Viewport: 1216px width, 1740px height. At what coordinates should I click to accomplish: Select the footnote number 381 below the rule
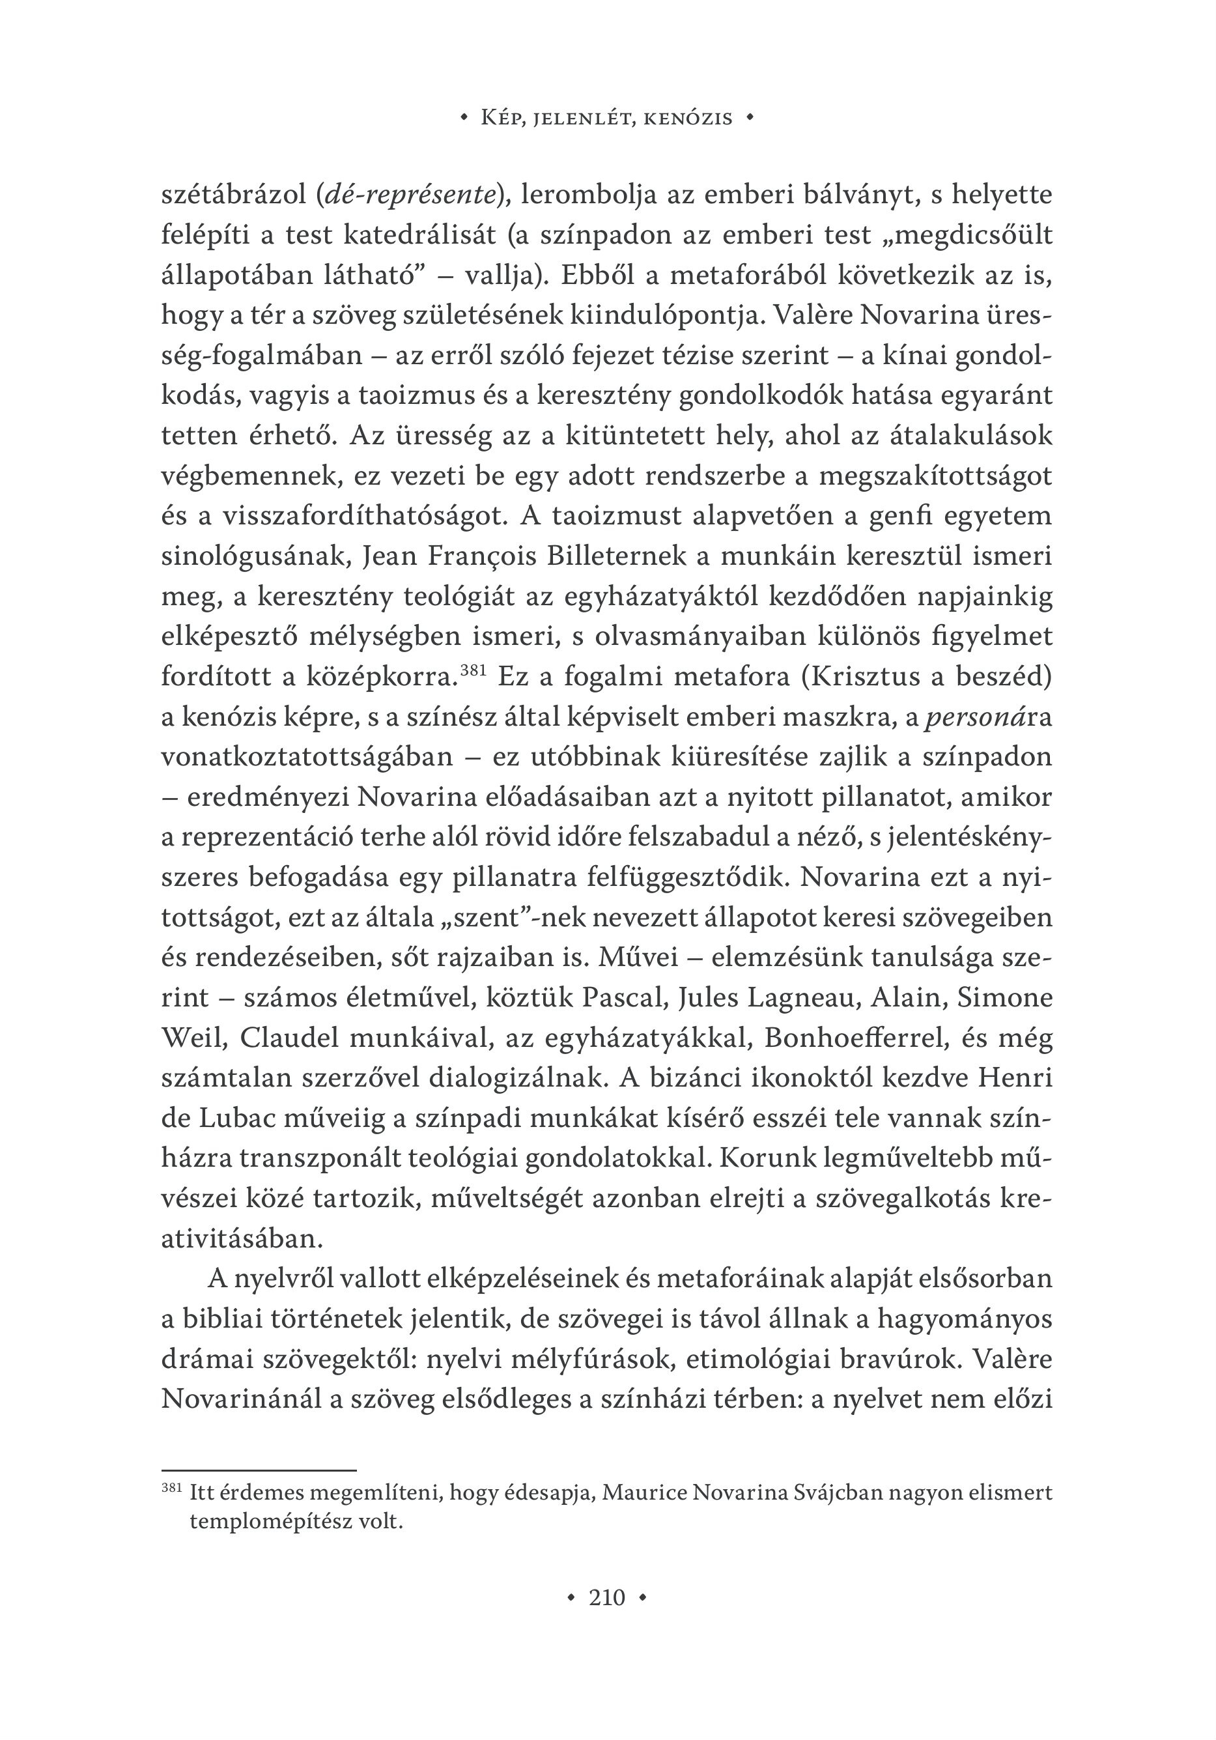[x=172, y=1488]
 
